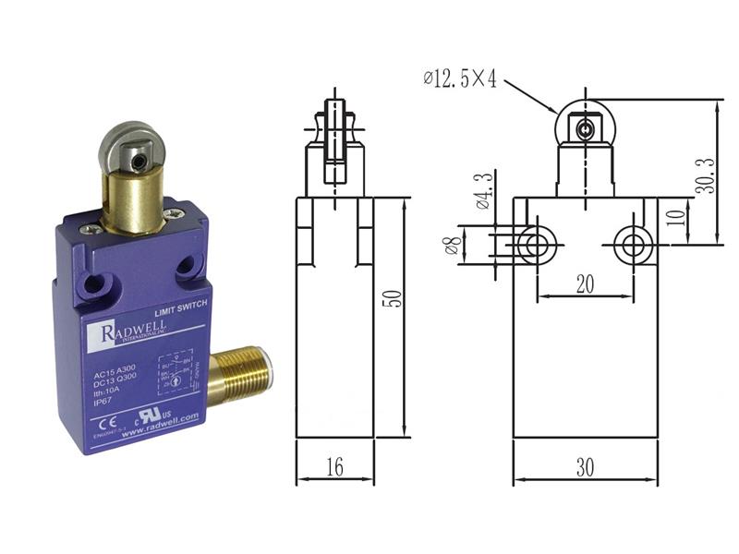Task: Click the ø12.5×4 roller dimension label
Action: (460, 79)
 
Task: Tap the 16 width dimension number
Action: (333, 467)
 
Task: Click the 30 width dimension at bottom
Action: (585, 467)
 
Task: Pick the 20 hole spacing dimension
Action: (584, 284)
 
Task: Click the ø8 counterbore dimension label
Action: (453, 245)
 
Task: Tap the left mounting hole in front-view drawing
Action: (533, 245)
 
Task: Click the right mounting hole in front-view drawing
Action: (634, 245)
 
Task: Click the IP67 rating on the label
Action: (106, 403)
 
